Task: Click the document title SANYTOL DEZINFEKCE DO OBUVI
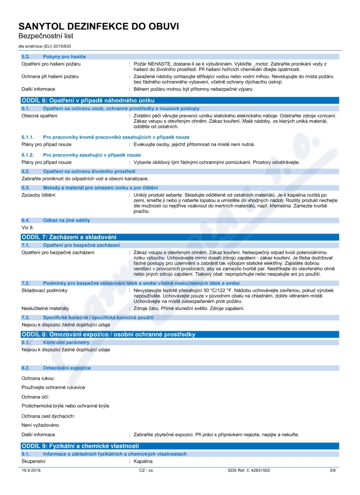[x=99, y=27]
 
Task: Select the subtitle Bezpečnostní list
[x=45, y=36]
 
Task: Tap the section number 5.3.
[x=25, y=56]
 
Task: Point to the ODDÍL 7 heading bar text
[x=69, y=237]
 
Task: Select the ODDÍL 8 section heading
[x=108, y=334]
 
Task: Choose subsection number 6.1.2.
[x=28, y=155]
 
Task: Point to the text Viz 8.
[x=28, y=228]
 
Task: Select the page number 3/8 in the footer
[x=333, y=471]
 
